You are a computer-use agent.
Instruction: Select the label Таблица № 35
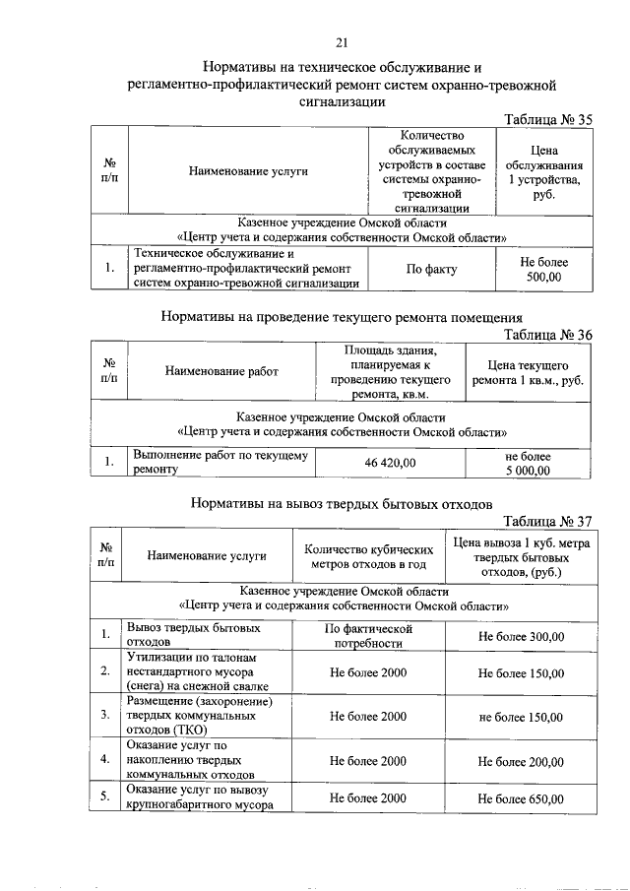(547, 120)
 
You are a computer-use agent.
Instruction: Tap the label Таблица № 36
(547, 335)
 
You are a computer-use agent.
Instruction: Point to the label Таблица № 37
(547, 521)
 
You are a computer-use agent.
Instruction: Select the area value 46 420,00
(391, 462)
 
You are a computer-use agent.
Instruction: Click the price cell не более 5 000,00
(528, 463)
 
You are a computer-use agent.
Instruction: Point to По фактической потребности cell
(366, 636)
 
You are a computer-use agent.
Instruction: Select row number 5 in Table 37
(104, 798)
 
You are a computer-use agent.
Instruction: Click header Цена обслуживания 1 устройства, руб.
(544, 172)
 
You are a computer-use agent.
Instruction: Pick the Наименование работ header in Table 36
(220, 372)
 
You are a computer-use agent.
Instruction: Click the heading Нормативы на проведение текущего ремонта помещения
(341, 317)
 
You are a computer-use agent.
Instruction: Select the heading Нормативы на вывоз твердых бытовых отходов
(341, 504)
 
